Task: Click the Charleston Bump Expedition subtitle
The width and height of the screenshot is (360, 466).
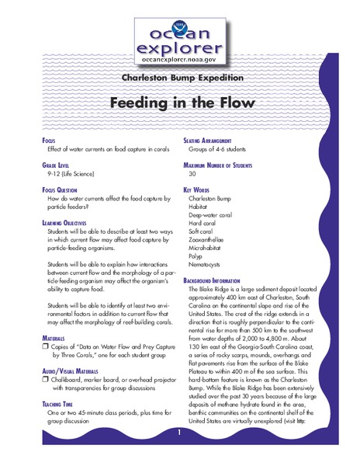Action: point(179,77)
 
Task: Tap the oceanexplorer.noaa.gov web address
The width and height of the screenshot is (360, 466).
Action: point(180,57)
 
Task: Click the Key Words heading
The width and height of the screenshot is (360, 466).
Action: point(199,188)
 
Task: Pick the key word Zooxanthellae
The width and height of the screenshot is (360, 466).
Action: point(210,242)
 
